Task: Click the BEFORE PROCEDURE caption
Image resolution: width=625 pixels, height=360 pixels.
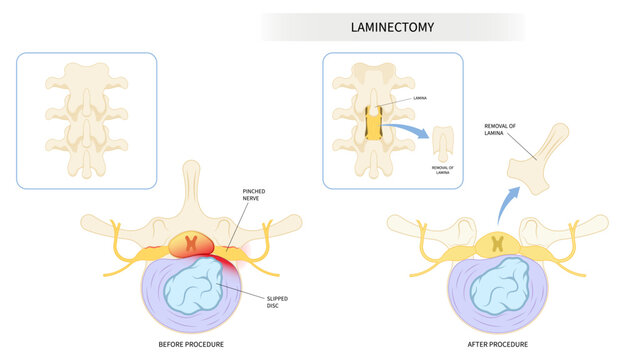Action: point(192,344)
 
